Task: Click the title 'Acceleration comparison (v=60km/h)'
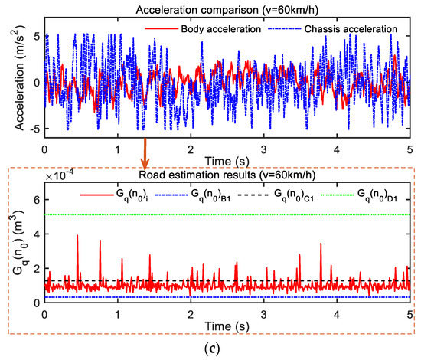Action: pyautogui.click(x=227, y=7)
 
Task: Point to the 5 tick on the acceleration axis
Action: pyautogui.click(x=37, y=36)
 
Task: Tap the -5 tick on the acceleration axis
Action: pyautogui.click(x=34, y=126)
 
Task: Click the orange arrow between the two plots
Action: pyautogui.click(x=143, y=156)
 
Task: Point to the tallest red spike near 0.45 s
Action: pyautogui.click(x=77, y=237)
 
